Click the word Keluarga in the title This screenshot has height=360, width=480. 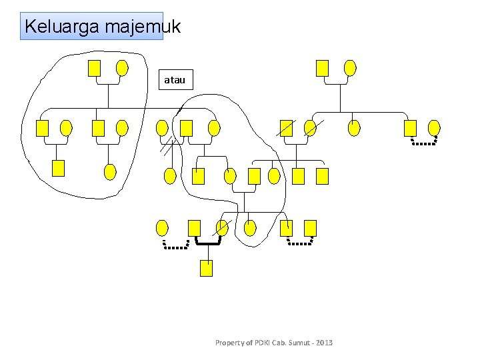tap(54, 27)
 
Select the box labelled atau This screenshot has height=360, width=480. tap(175, 80)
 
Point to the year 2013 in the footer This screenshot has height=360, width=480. tap(324, 343)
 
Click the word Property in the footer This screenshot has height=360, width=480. tap(230, 343)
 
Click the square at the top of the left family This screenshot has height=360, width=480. tap(95, 67)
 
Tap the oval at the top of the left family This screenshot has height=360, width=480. tap(122, 67)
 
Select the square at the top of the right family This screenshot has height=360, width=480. tap(322, 67)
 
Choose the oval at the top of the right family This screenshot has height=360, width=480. tap(350, 67)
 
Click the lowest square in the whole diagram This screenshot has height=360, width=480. tap(207, 268)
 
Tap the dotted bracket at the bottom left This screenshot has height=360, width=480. tap(177, 245)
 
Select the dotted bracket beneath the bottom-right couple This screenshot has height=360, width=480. tap(299, 243)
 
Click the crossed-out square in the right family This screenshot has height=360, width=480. tap(286, 128)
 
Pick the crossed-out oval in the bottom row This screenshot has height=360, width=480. tap(222, 228)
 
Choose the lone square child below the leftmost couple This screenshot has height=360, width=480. tap(58, 169)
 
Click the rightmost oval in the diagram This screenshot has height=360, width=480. tap(434, 127)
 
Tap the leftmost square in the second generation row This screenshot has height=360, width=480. tap(42, 128)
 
